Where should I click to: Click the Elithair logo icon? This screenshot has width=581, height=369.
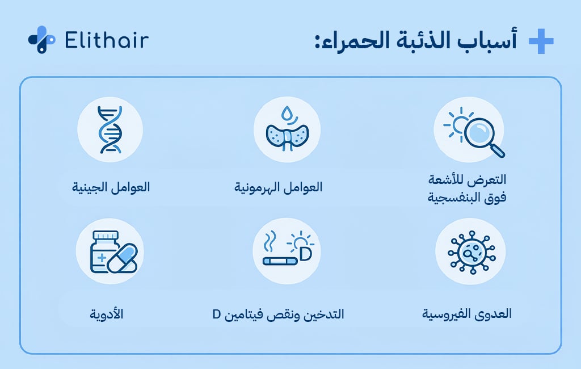[41, 40]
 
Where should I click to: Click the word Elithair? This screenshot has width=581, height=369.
[107, 40]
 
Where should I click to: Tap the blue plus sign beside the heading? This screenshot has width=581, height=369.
[540, 41]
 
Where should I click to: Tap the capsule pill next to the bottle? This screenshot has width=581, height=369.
[123, 258]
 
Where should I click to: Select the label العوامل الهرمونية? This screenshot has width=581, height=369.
[278, 187]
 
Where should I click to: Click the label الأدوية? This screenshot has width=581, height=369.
[106, 315]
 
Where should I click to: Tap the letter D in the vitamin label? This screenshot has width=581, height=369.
[217, 315]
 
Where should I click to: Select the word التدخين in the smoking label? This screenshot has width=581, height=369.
[326, 315]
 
